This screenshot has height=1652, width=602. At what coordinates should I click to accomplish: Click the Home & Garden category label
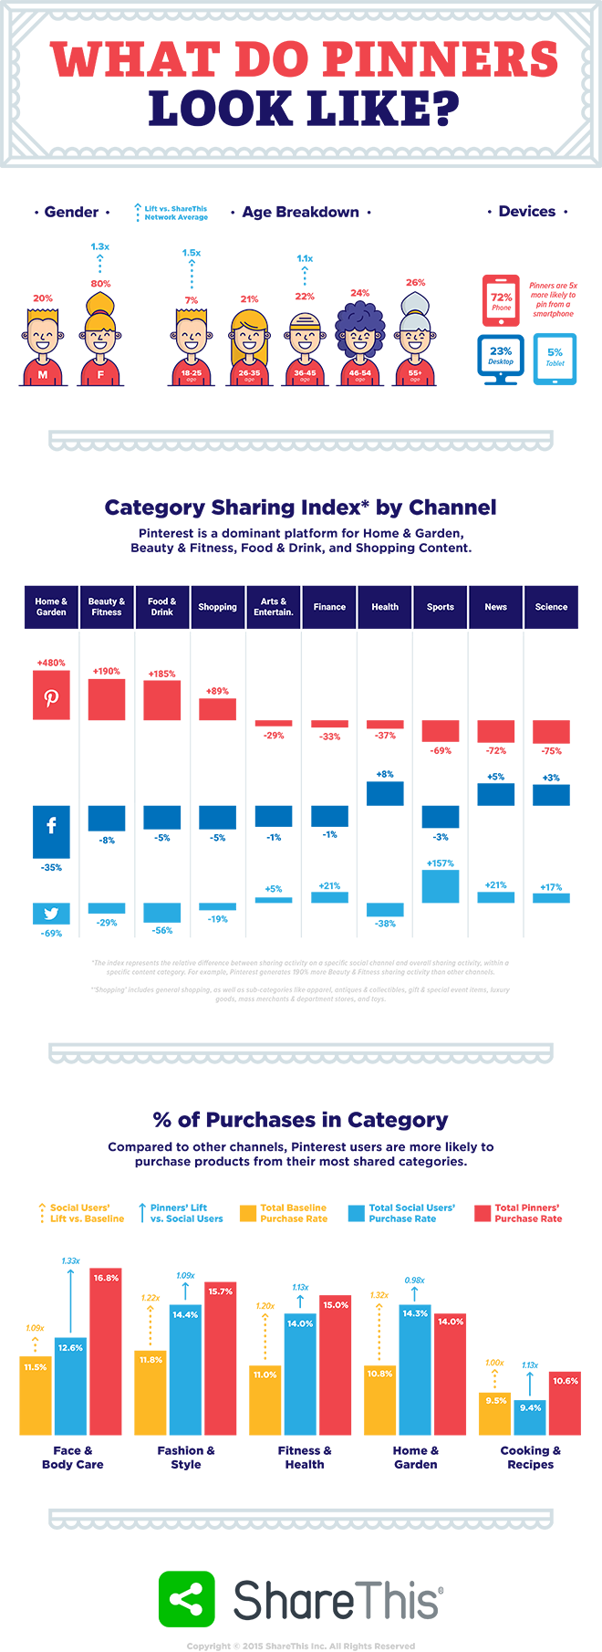(x=51, y=607)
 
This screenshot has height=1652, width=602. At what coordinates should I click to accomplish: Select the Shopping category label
(x=217, y=607)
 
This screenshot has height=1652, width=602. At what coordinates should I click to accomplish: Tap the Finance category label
(x=329, y=607)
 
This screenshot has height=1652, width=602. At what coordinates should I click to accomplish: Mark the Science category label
(x=551, y=607)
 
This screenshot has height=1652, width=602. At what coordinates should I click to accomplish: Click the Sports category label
(x=441, y=607)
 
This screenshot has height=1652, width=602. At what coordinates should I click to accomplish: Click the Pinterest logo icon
(x=51, y=698)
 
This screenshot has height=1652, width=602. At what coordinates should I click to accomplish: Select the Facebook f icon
(x=51, y=825)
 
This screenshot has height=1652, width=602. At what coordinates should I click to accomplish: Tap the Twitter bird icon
(x=51, y=914)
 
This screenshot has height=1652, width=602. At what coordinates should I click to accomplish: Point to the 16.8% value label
(x=106, y=1278)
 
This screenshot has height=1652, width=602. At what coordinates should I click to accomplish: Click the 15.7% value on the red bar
(x=220, y=1291)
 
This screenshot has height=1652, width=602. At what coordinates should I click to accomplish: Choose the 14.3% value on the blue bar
(x=415, y=1313)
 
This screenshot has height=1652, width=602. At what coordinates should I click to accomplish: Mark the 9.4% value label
(x=530, y=1407)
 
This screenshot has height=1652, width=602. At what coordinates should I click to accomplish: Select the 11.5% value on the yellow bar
(x=35, y=1367)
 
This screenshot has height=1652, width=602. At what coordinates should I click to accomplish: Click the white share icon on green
(x=186, y=1599)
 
